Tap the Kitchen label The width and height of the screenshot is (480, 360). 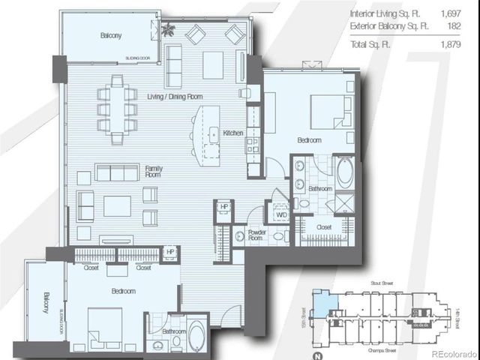click(x=233, y=133)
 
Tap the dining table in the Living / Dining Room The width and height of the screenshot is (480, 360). click(x=118, y=108)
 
